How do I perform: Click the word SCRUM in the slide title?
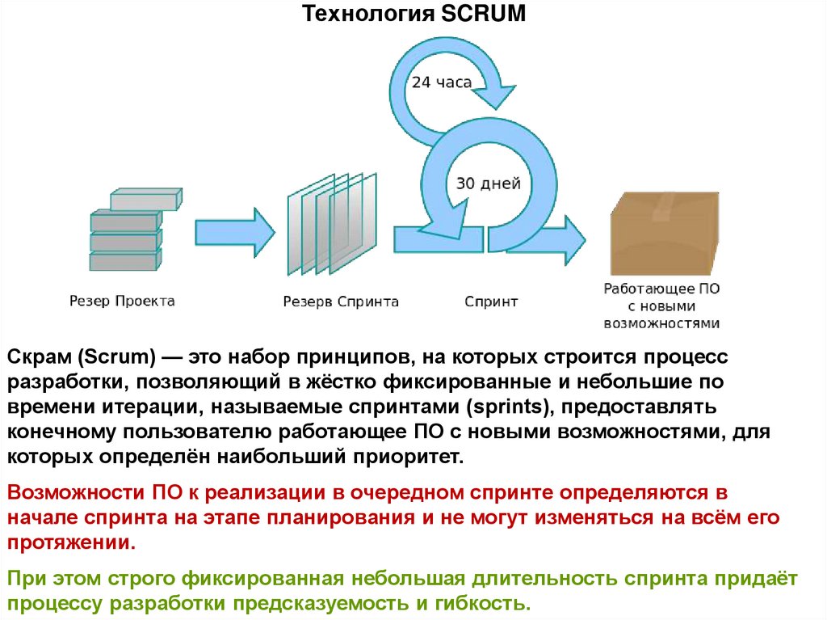pos(484,14)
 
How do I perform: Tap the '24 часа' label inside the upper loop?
pos(441,82)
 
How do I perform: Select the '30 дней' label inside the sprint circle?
pos(489,183)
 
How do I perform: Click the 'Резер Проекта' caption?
pos(121,302)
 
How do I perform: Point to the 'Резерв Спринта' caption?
pos(341,302)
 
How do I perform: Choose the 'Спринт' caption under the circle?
pos(491,302)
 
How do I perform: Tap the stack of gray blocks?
pos(129,230)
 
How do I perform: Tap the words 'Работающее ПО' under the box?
pos(662,289)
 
